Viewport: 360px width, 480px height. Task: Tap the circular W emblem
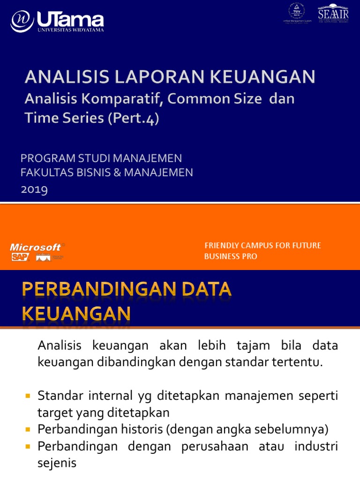coord(22,21)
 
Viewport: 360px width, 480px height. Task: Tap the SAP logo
coord(20,257)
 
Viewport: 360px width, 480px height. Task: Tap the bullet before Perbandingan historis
coord(28,429)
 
